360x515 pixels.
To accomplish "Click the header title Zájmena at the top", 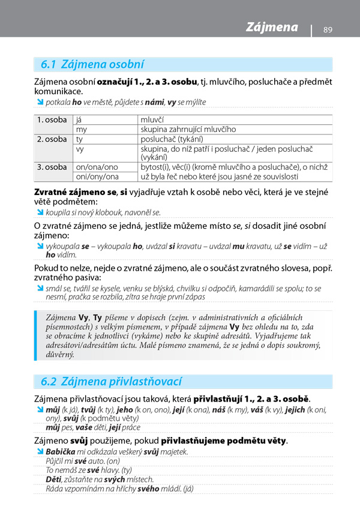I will point(272,27).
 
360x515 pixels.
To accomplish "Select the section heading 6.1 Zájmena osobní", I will point(92,64).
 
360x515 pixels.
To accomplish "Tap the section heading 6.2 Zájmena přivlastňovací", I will point(111,381).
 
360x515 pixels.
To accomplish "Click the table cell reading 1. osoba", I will point(52,119).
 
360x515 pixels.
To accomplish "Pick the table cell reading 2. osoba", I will point(52,139).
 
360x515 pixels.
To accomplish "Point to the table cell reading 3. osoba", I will point(52,167).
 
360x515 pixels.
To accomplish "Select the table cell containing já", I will point(79,119).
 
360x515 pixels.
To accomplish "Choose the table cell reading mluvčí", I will point(152,119).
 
